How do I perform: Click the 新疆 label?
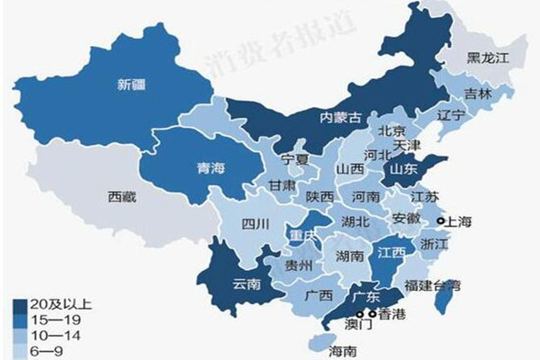pos(131,86)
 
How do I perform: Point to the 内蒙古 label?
pos(342,117)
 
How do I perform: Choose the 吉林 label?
pos(478,94)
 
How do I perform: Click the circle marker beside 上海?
pos(441,220)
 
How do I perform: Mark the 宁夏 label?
pos(295,159)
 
